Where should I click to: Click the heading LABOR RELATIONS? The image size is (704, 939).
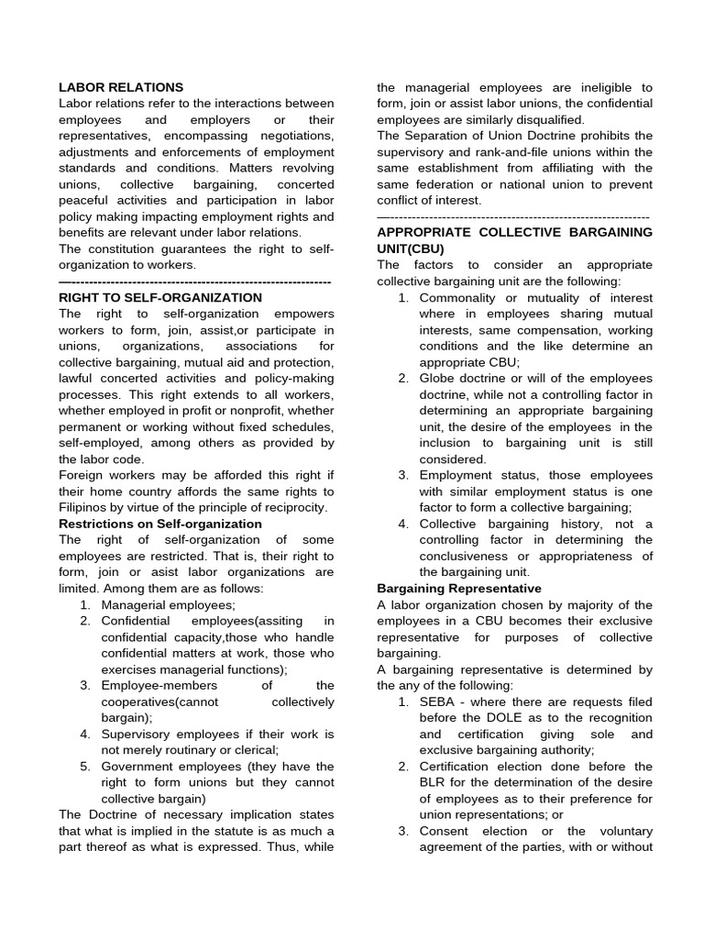point(121,87)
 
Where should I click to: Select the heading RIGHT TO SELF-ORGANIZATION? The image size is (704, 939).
point(159,297)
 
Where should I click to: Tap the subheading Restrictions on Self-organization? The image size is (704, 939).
point(159,524)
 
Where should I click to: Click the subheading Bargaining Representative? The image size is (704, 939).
point(458,588)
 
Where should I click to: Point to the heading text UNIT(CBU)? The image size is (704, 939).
point(412,249)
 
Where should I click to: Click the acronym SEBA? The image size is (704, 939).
point(437,701)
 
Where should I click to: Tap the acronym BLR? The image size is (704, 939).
point(434,782)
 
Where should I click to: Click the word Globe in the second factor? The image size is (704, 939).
point(438,378)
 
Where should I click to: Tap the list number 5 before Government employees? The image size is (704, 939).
point(84,766)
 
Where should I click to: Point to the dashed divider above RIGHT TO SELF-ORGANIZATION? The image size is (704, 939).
point(194,281)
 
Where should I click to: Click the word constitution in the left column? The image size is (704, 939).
point(120,249)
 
